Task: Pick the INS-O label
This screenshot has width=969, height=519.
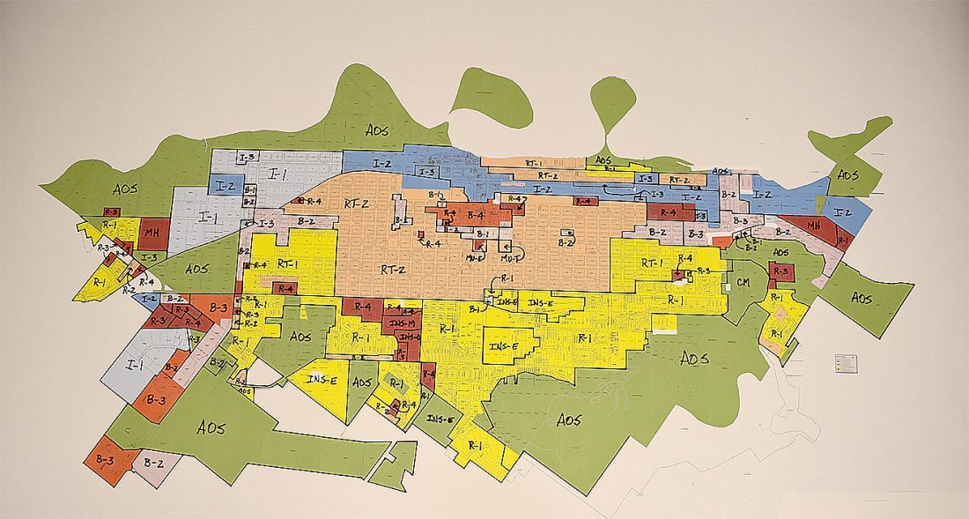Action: (409, 337)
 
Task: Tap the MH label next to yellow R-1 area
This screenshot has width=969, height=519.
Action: (152, 234)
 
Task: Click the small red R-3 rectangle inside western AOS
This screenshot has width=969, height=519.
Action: (111, 212)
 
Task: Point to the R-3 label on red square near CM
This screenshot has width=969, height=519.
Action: (779, 272)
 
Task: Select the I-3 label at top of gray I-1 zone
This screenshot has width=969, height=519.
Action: (248, 157)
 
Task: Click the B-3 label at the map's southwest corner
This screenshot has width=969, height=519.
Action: (106, 459)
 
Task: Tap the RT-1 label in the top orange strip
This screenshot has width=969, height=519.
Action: (535, 163)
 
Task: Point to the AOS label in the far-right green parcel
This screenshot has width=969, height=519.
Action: (861, 299)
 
